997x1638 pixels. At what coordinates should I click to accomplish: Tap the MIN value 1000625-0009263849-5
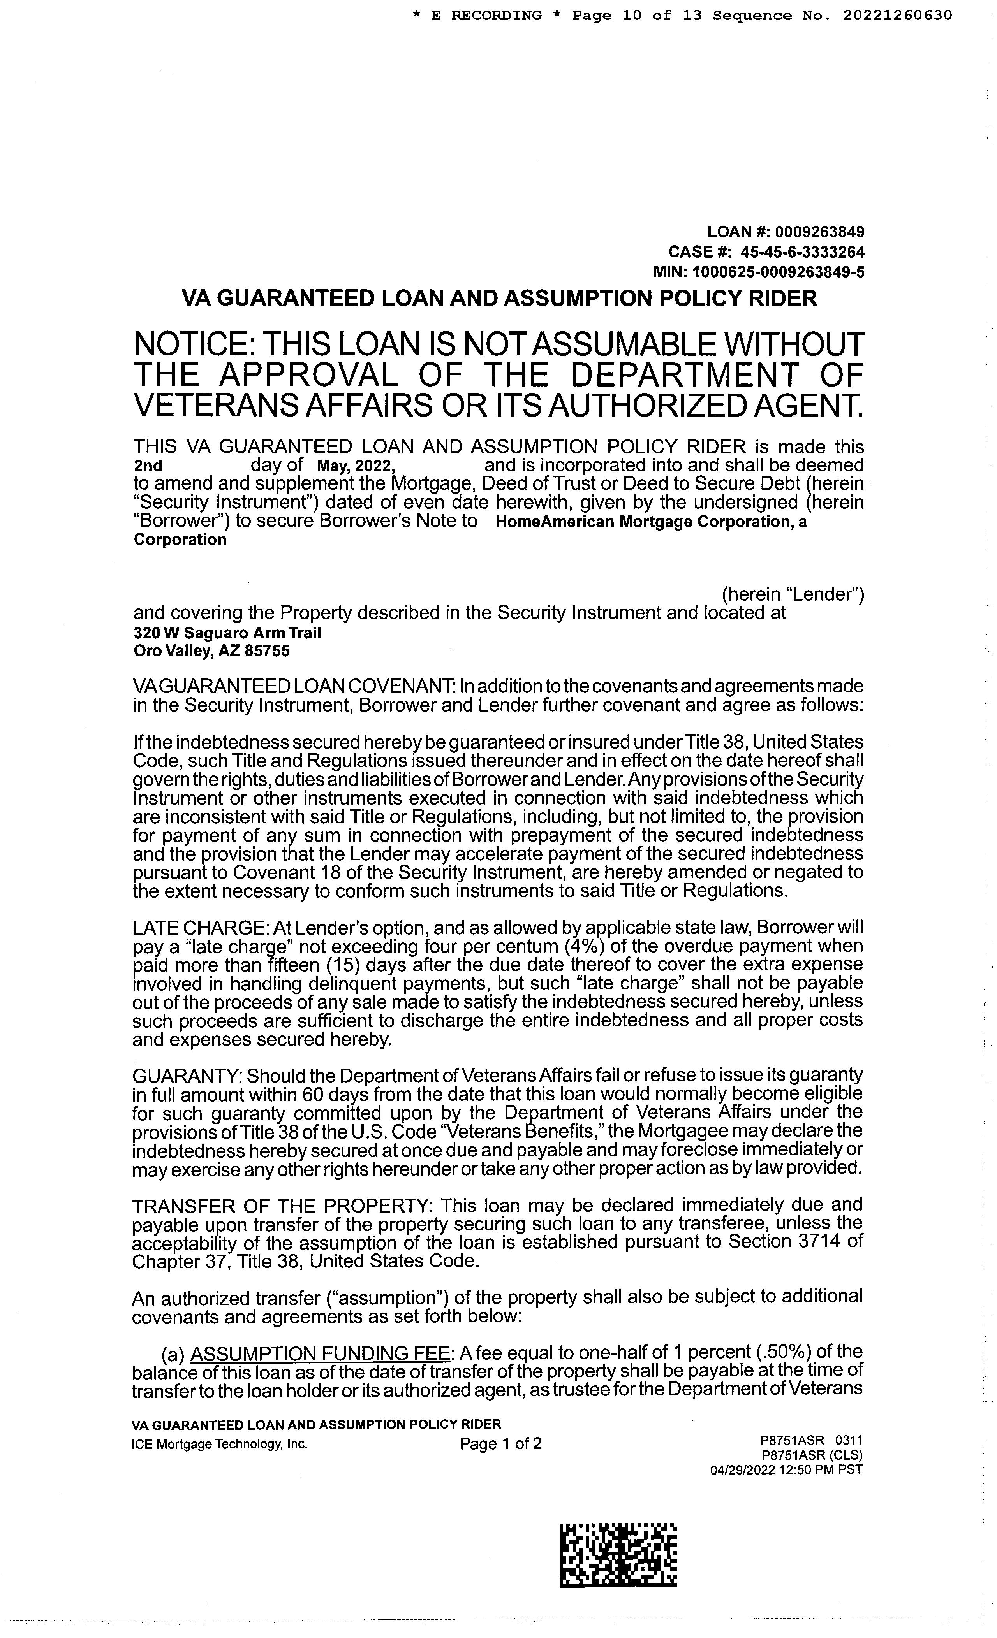click(x=778, y=272)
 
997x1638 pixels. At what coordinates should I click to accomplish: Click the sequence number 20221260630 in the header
click(x=897, y=15)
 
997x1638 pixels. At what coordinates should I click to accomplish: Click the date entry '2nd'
click(x=148, y=466)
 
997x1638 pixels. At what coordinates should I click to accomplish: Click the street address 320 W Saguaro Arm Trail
click(x=227, y=633)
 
